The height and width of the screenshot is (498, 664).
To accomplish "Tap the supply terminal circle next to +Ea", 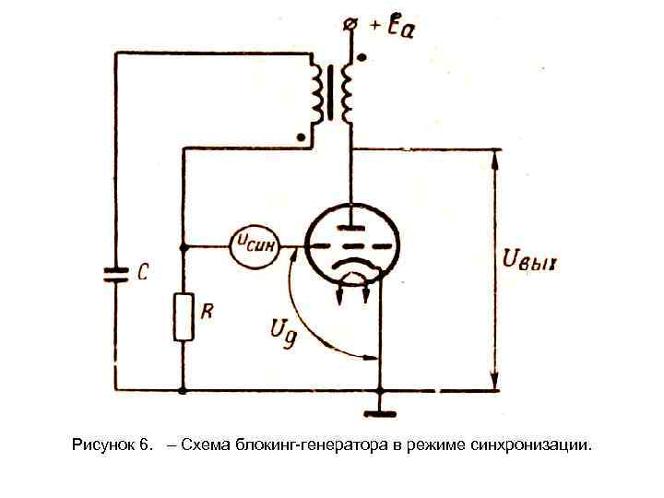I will click(350, 26).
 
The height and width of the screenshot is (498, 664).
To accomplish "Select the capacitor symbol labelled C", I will click(116, 273).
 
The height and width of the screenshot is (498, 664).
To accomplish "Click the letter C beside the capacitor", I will click(143, 273).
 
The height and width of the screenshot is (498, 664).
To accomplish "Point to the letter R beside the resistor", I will click(207, 312).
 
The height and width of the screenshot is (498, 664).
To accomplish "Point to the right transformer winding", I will click(349, 93).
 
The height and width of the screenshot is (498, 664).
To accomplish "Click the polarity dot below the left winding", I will click(302, 137).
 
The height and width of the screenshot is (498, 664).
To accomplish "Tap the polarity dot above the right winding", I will click(361, 56).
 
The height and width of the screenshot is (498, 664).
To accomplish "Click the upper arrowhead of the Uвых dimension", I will click(496, 158).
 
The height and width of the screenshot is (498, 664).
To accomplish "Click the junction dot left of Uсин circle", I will click(184, 246).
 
